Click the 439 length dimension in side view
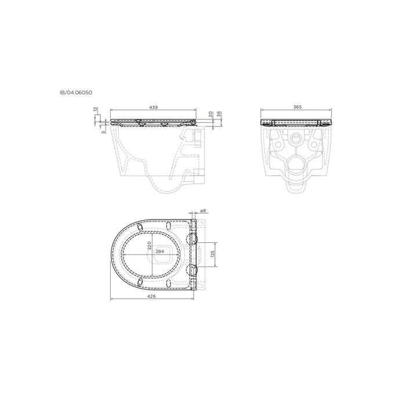[x=154, y=107]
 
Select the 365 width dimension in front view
[x=297, y=107]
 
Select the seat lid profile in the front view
[x=297, y=122]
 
